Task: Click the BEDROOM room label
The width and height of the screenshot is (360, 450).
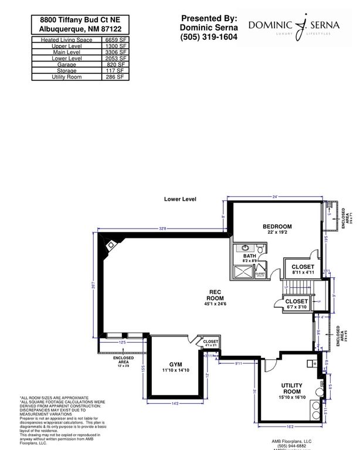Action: [277, 226]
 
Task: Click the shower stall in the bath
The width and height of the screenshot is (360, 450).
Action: [243, 271]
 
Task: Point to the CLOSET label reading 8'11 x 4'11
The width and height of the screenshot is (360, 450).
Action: [303, 267]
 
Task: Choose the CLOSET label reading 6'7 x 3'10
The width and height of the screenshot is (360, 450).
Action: [297, 301]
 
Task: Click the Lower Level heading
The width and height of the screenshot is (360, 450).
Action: [180, 199]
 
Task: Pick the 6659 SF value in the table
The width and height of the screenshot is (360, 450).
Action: [116, 39]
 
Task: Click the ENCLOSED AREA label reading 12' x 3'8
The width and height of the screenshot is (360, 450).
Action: [123, 360]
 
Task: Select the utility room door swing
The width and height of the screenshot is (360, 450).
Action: [269, 366]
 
